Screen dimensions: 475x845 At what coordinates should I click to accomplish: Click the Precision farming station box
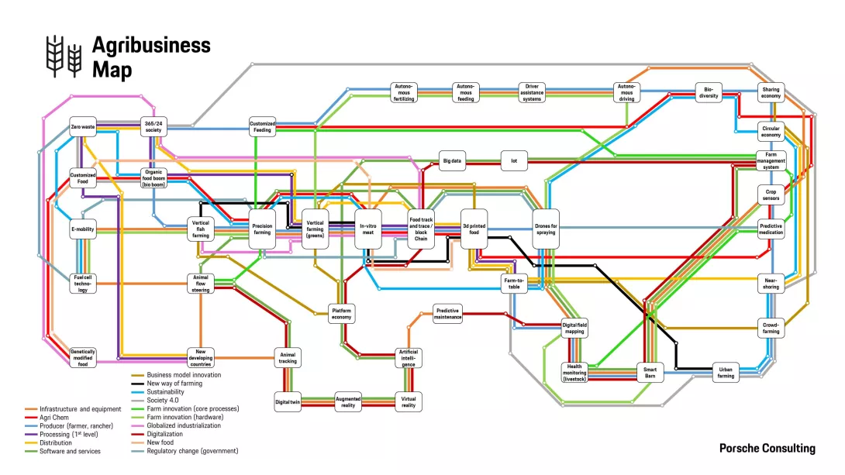pyautogui.click(x=262, y=229)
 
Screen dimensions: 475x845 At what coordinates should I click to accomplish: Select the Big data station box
pyautogui.click(x=452, y=163)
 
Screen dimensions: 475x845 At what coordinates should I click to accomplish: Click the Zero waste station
pyautogui.click(x=83, y=126)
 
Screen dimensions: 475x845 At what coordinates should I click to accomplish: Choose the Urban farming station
pyautogui.click(x=726, y=373)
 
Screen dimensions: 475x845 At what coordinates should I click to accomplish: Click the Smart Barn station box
pyautogui.click(x=650, y=373)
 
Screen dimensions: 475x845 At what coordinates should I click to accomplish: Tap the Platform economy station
pyautogui.click(x=341, y=313)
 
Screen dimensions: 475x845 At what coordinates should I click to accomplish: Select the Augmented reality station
pyautogui.click(x=348, y=401)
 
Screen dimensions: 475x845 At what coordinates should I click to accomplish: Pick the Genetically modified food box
pyautogui.click(x=83, y=357)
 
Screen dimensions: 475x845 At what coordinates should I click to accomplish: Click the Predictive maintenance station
pyautogui.click(x=447, y=313)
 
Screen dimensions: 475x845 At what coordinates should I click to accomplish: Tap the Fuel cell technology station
pyautogui.click(x=83, y=284)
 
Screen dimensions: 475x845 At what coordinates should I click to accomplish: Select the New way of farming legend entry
pyautogui.click(x=174, y=384)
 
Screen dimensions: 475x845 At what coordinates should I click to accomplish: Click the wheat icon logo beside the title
pyautogui.click(x=64, y=57)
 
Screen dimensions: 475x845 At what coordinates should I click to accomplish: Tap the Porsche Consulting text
pyautogui.click(x=767, y=449)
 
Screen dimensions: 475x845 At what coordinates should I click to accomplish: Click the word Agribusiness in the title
pyautogui.click(x=151, y=45)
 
